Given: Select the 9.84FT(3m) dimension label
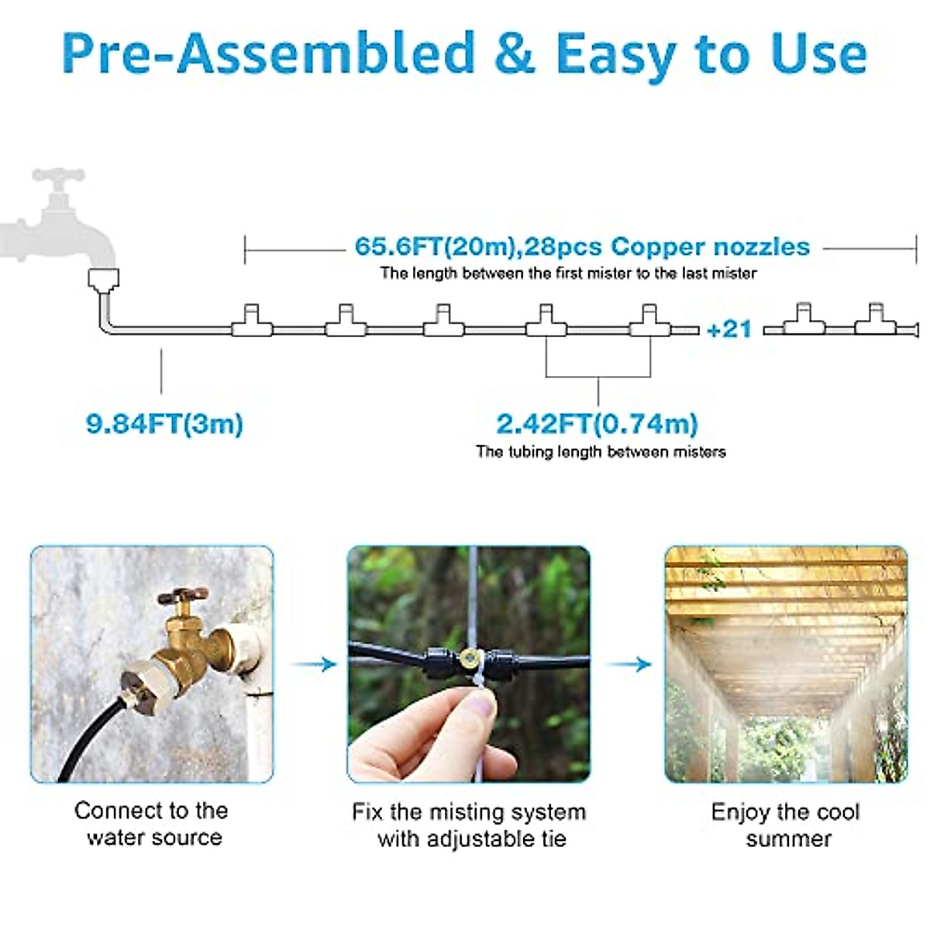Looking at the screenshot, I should [164, 424].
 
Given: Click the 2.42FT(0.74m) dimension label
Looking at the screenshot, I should [597, 424].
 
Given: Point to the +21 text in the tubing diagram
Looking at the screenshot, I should [729, 329].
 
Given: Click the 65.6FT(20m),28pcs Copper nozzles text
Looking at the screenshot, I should [582, 246].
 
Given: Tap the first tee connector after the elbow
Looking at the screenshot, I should [252, 323].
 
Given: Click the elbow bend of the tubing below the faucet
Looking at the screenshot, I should [106, 324].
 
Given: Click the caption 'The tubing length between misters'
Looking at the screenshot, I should [601, 452].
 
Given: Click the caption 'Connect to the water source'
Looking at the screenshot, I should [152, 824].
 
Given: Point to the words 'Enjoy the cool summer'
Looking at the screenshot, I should [786, 825].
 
